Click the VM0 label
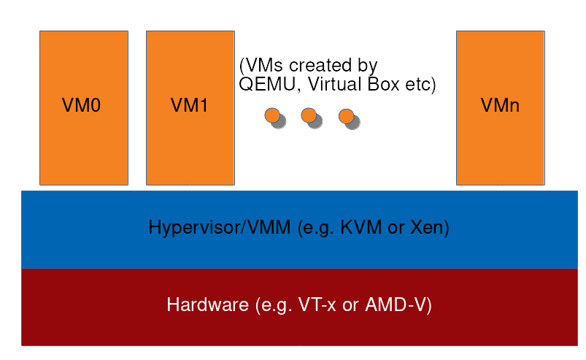click(82, 106)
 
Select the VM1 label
click(189, 106)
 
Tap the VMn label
click(500, 106)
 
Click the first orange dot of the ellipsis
click(272, 115)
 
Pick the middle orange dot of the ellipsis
click(309, 115)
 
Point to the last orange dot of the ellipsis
click(345, 115)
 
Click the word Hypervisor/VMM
click(220, 228)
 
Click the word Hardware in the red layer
click(207, 305)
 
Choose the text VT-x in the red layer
click(316, 305)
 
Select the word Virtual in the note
click(333, 85)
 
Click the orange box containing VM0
click(83, 146)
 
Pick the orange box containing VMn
click(500, 146)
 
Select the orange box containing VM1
click(190, 146)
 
